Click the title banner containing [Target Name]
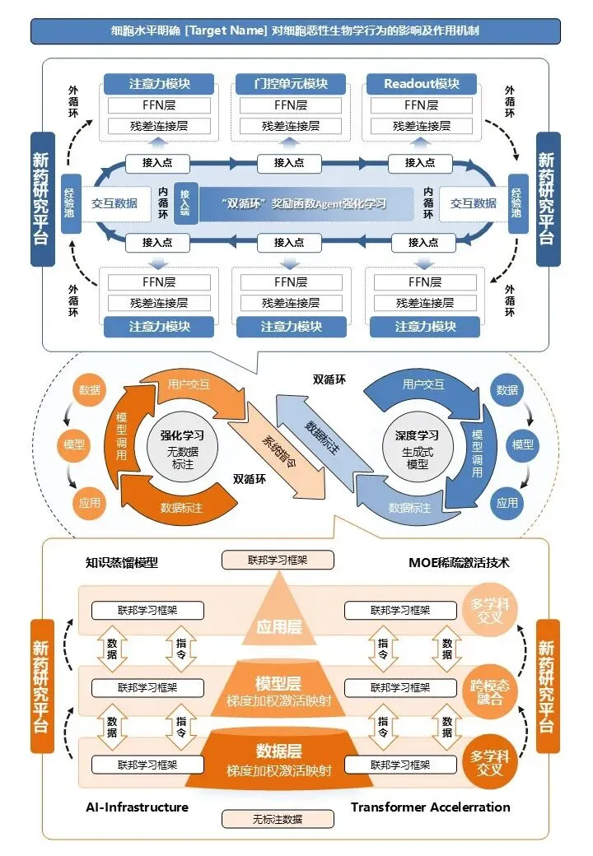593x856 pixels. pyautogui.click(x=296, y=30)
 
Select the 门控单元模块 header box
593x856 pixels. pyautogui.click(x=288, y=83)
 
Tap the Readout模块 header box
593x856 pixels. pyautogui.click(x=420, y=83)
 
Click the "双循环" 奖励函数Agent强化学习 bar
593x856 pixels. pyautogui.click(x=305, y=203)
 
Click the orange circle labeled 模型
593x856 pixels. pyautogui.click(x=74, y=445)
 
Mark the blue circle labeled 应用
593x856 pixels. pyautogui.click(x=507, y=501)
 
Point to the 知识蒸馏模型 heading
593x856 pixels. pyautogui.click(x=122, y=564)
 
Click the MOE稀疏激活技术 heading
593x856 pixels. pyautogui.click(x=459, y=563)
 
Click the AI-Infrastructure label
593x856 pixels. pyautogui.click(x=137, y=807)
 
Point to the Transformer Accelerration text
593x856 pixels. pyautogui.click(x=430, y=807)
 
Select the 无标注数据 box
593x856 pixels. pyautogui.click(x=278, y=819)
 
